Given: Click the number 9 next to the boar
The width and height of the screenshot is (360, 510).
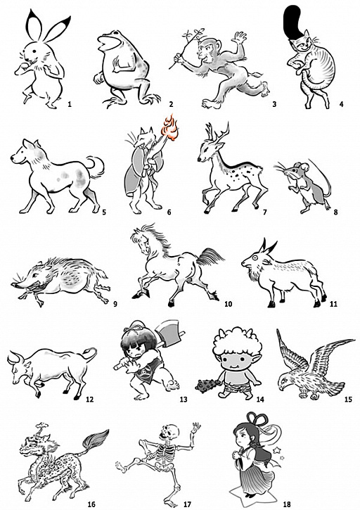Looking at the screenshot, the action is pyautogui.click(x=115, y=305).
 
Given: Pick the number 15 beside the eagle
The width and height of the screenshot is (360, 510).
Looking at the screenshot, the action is pyautogui.click(x=348, y=399).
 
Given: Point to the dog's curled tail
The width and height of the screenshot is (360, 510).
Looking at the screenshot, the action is pyautogui.click(x=96, y=167).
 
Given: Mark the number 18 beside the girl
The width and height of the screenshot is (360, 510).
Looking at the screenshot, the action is pyautogui.click(x=286, y=504).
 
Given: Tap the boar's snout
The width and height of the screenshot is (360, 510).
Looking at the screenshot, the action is pyautogui.click(x=17, y=285).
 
